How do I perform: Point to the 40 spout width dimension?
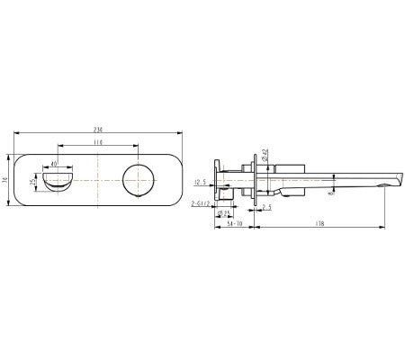click(x=54, y=165)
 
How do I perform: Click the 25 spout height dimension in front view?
click(x=34, y=183)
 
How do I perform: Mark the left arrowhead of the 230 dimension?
click(x=17, y=133)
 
